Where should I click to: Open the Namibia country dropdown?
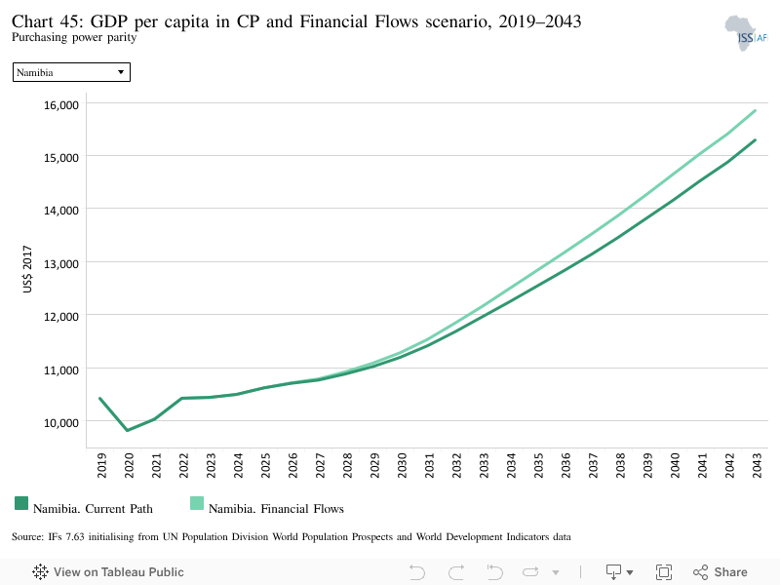71,72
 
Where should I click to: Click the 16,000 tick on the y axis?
61,105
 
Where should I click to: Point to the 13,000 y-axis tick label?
61,263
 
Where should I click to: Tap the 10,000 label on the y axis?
61,423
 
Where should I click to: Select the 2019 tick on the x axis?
101,465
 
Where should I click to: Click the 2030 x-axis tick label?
402,465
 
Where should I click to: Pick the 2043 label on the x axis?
757,465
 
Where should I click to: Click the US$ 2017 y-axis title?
27,269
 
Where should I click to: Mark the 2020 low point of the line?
128,430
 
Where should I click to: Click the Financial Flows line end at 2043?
755,110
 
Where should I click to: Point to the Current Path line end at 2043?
755,139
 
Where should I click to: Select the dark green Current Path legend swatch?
21,503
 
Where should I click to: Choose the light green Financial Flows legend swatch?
197,503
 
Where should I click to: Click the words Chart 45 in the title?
47,21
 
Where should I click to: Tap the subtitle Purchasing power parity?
74,37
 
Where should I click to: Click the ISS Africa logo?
746,33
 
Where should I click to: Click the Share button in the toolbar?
721,572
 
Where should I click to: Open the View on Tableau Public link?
108,572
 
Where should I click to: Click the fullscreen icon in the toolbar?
664,572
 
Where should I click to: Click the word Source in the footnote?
28,537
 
